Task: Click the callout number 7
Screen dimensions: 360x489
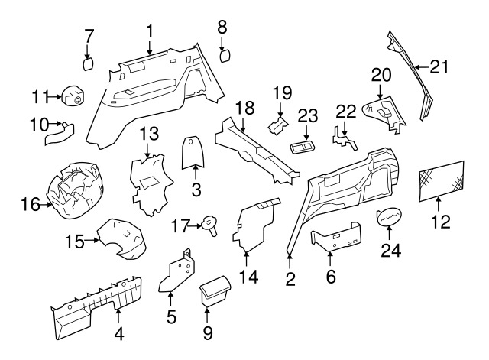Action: (x=89, y=35)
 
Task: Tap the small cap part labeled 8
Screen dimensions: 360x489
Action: (x=225, y=55)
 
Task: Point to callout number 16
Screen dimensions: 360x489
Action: (x=30, y=204)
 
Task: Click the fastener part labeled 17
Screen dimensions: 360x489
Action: (x=209, y=224)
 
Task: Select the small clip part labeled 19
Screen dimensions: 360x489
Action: (x=278, y=122)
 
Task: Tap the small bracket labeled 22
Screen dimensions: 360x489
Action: (x=343, y=138)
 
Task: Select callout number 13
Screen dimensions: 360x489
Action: (x=148, y=134)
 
